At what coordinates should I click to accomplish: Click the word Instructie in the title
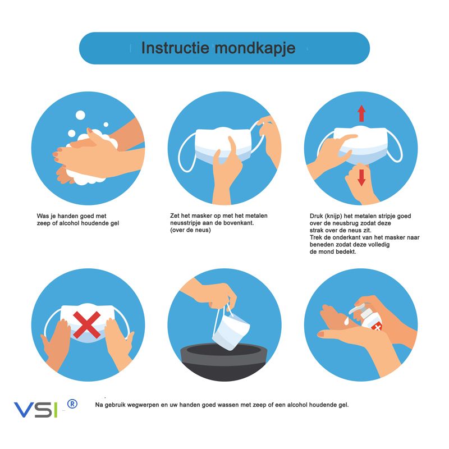[175, 47]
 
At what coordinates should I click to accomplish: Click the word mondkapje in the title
[255, 48]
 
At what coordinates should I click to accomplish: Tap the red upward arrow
[361, 113]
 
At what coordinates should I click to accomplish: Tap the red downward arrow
[361, 177]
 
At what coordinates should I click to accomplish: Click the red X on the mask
[86, 325]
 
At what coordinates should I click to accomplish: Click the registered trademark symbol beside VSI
[72, 404]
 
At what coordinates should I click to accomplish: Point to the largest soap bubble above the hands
[80, 116]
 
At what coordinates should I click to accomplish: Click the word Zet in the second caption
[175, 216]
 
